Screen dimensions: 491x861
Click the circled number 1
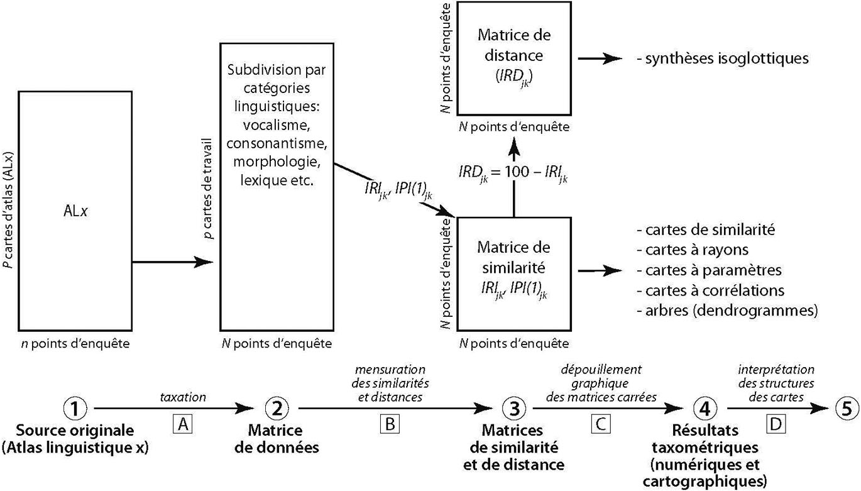point(75,409)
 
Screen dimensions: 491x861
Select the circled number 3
point(513,409)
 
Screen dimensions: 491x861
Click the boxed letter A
point(183,425)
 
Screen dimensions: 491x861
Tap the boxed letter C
point(601,425)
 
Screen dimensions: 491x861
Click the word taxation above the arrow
point(183,397)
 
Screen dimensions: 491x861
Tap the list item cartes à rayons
point(691,250)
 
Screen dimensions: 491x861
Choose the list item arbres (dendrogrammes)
point(727,310)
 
